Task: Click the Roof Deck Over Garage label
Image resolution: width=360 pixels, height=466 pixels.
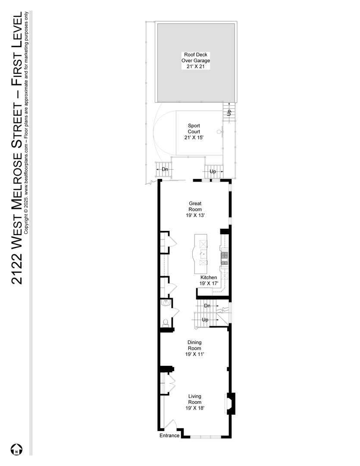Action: point(196,61)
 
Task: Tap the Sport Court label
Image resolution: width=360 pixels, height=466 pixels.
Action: point(194,132)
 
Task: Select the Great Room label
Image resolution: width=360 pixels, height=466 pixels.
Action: point(195,210)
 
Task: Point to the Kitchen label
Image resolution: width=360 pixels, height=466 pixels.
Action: point(209,280)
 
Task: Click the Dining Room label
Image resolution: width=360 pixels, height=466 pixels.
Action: point(194,348)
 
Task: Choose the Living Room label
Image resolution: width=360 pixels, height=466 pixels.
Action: point(195,402)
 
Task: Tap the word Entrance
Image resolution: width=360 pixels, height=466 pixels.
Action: point(169,435)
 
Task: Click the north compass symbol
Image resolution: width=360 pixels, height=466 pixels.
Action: point(17,449)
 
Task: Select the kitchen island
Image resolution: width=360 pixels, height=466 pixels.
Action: point(201,254)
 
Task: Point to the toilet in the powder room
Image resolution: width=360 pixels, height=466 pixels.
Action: point(166,322)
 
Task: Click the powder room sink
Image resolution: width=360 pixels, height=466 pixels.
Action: point(166,303)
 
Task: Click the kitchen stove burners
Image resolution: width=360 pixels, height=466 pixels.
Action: point(224,256)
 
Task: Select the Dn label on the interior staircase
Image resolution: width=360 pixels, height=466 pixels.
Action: point(207,306)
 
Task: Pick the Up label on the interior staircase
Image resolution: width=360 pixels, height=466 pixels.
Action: point(205,320)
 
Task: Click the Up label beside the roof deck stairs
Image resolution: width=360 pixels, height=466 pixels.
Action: point(229,112)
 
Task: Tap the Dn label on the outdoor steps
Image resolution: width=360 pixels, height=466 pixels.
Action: point(165,169)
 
